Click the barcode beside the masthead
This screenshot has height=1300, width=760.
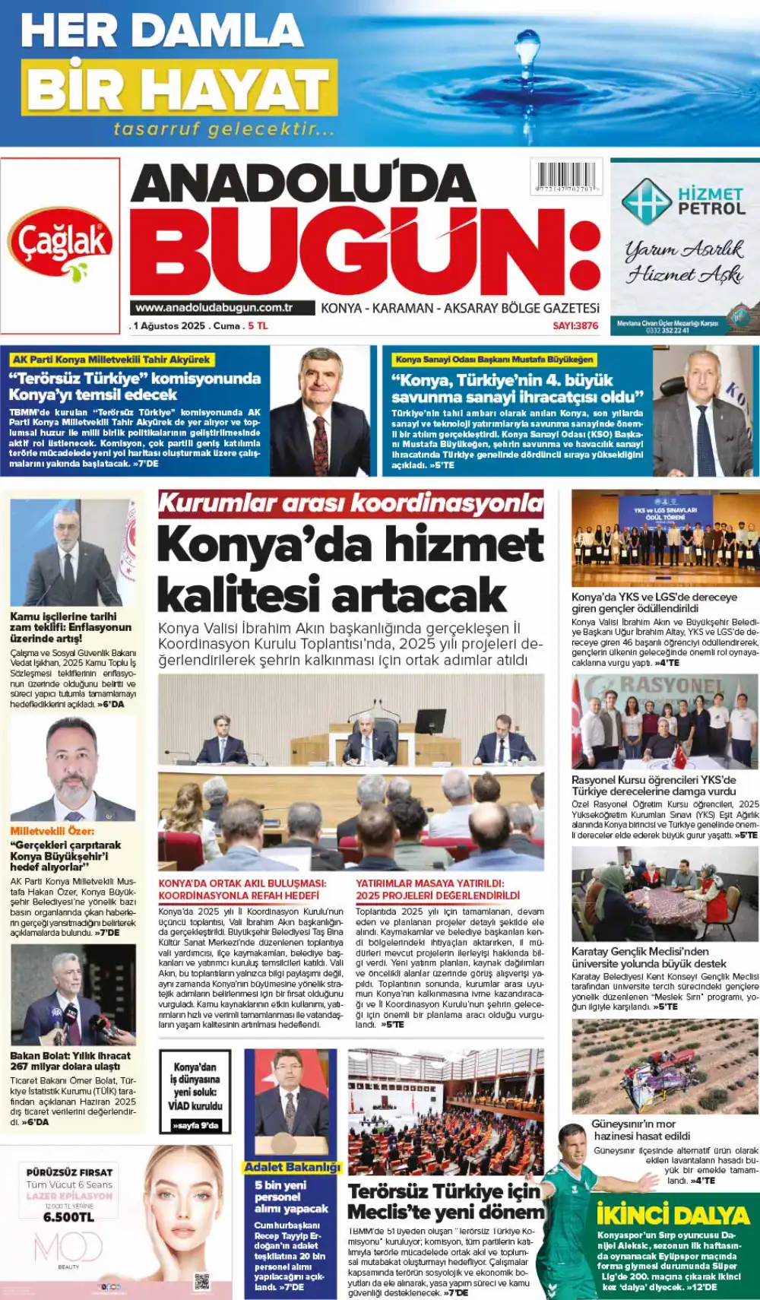pos(566,176)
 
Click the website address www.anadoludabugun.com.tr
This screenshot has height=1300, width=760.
pos(214,308)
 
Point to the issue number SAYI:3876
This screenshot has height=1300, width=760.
pos(575,325)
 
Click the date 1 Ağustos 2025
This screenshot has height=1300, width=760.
pos(169,325)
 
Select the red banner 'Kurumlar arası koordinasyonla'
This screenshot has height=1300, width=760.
pos(350,503)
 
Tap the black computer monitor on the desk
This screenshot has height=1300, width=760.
pos(430,720)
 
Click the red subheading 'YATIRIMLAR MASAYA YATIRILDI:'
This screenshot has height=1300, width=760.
pos(429,883)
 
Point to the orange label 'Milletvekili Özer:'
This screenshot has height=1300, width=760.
pos(52,831)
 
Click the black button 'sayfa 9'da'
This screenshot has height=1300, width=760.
pos(195,1125)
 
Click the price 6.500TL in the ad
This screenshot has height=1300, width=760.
pos(68,1217)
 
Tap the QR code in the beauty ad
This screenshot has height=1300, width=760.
pos(201,1283)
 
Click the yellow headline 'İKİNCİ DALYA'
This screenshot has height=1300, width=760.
pos(673,1215)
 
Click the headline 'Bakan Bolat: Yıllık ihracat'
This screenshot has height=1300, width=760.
pos(70,1055)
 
